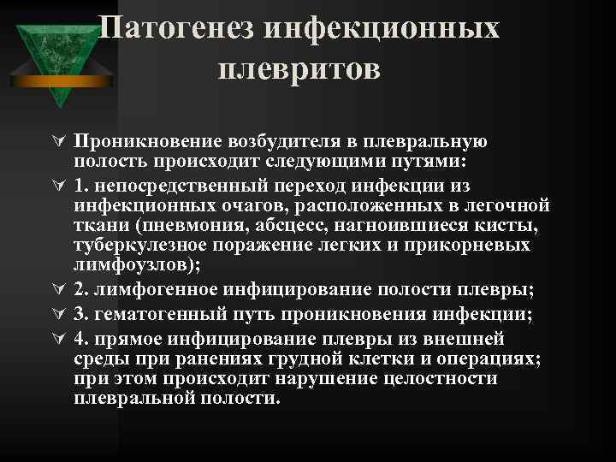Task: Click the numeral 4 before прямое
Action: click(x=79, y=336)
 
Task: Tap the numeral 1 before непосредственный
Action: click(x=79, y=185)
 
